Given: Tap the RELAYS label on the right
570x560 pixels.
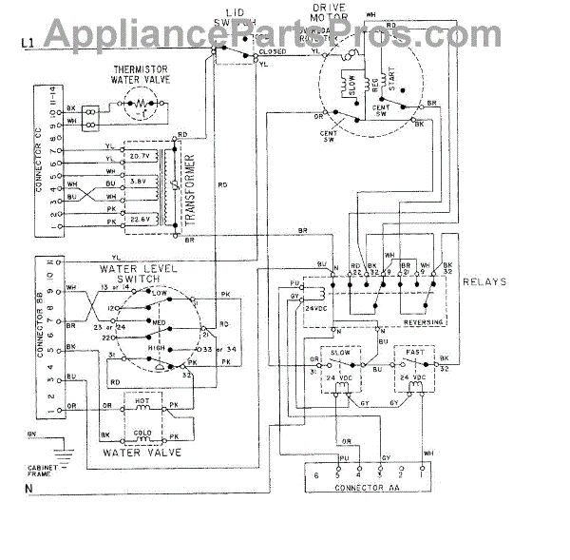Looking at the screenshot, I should [484, 282].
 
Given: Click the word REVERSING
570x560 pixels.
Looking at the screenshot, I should [423, 321].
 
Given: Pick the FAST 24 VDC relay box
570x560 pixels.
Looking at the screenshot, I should [415, 373].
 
